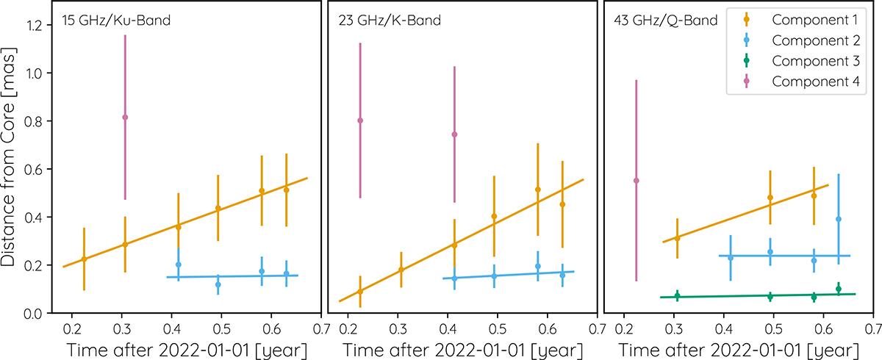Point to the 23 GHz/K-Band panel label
click(x=390, y=21)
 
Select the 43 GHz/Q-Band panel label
click(x=665, y=21)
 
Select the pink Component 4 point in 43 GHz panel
click(x=637, y=180)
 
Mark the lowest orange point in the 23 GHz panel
click(x=360, y=292)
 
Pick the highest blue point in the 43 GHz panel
click(x=839, y=219)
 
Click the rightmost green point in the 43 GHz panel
click(x=839, y=289)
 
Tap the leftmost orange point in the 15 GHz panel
click(x=84, y=259)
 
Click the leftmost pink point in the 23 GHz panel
click(x=360, y=120)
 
